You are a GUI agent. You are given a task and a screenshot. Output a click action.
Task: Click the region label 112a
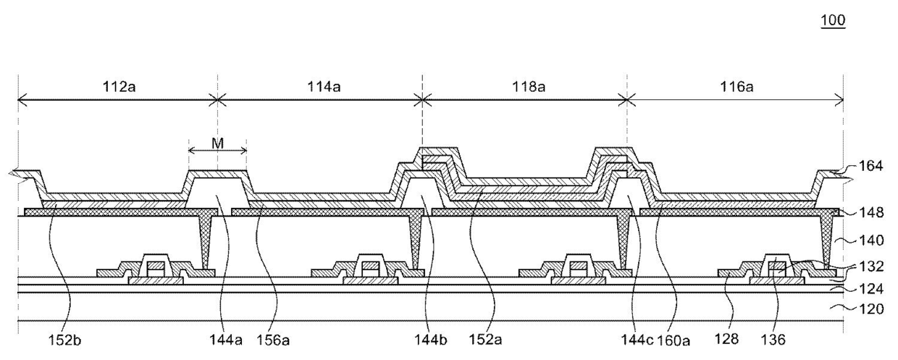pos(117,86)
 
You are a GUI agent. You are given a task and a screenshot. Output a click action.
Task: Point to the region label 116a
pos(737,86)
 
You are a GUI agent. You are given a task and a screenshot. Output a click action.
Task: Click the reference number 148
pos(872,213)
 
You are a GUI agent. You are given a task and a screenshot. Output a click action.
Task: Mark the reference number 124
pos(872,288)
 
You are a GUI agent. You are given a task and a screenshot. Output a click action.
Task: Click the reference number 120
pos(872,309)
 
